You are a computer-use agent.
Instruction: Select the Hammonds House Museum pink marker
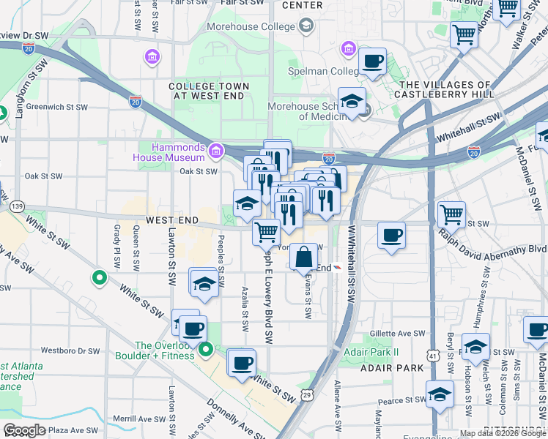click(x=215, y=152)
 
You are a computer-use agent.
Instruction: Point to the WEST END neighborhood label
click(x=173, y=220)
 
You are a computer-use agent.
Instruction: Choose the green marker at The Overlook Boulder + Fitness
click(x=207, y=350)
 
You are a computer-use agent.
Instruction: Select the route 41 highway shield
click(x=434, y=356)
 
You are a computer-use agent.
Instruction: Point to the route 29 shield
click(x=307, y=395)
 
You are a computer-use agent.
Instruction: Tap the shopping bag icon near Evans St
click(x=303, y=258)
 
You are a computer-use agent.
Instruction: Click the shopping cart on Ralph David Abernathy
click(x=451, y=215)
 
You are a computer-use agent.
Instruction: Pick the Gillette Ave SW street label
click(x=398, y=333)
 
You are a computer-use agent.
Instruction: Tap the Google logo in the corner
click(x=24, y=430)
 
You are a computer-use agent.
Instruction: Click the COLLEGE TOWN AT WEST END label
click(x=210, y=91)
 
